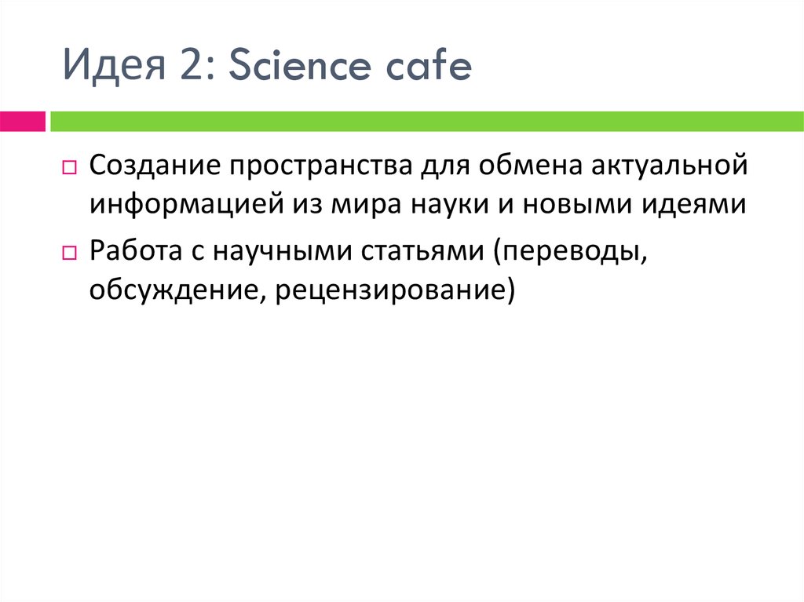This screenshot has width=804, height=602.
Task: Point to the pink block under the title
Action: tap(22, 121)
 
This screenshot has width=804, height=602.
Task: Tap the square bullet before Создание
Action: tap(68, 168)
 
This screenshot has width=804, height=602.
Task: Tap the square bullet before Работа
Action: tap(68, 254)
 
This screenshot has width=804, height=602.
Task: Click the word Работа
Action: tap(135, 253)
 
